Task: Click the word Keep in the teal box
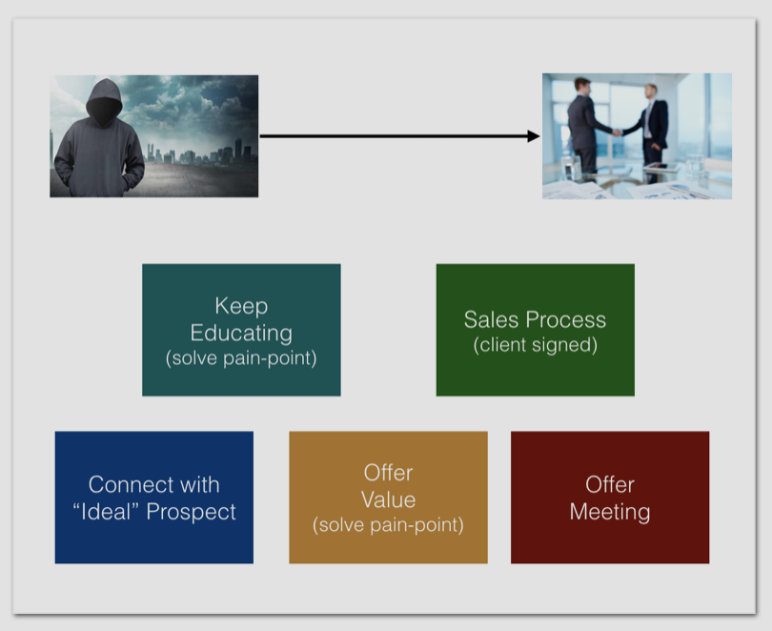click(241, 306)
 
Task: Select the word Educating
click(241, 333)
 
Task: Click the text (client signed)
click(535, 345)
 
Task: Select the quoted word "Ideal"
click(109, 512)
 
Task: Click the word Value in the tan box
click(388, 499)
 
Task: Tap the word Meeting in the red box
click(610, 512)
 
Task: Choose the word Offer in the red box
click(610, 484)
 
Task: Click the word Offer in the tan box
click(388, 473)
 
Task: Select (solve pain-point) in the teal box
click(241, 358)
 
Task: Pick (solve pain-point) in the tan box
click(388, 525)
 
